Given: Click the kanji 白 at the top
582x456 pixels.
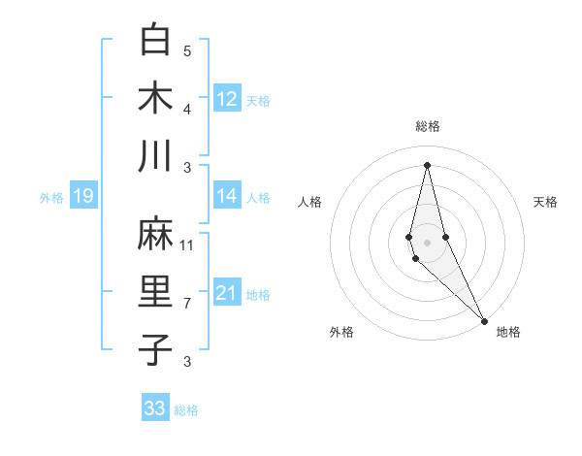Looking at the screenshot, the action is click(x=155, y=41).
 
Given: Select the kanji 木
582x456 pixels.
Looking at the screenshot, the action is click(x=155, y=98).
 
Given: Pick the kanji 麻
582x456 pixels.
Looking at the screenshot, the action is click(x=155, y=235).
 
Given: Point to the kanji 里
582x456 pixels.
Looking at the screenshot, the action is click(x=155, y=292).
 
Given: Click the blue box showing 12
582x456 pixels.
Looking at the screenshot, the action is click(x=227, y=99).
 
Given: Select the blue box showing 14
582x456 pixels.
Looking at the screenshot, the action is click(x=227, y=196).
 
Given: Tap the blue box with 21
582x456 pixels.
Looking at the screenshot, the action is click(x=227, y=293).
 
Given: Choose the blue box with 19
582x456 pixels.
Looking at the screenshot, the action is click(x=82, y=197).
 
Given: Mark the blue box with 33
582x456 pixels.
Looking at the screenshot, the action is click(x=155, y=408).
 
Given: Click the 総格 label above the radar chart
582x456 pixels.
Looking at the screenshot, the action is click(x=428, y=126).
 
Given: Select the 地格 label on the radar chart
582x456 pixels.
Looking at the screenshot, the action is click(x=508, y=332).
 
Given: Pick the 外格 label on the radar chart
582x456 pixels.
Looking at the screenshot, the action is click(x=341, y=332).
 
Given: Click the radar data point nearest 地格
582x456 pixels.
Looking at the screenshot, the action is click(x=484, y=320).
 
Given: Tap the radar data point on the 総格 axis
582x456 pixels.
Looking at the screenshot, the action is click(x=428, y=164).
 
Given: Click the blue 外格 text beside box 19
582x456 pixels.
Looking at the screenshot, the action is click(x=50, y=198).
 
